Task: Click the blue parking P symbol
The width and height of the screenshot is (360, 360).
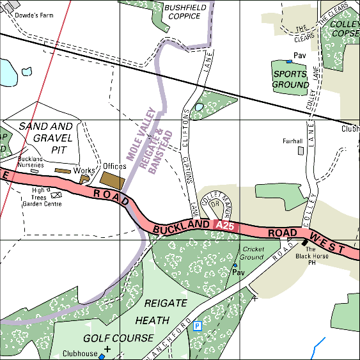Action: (x=198, y=326)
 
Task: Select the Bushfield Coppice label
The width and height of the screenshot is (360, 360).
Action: (x=182, y=12)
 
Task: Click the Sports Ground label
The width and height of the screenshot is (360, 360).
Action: (x=291, y=79)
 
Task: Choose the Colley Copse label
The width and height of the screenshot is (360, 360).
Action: (x=346, y=28)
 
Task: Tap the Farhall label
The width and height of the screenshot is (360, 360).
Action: (x=292, y=141)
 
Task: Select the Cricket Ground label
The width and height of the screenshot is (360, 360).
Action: (x=252, y=253)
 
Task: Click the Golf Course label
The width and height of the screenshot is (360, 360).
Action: (x=118, y=337)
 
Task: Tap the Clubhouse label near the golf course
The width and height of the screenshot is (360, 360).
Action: (x=80, y=354)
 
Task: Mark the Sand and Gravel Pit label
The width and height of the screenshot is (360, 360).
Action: (x=46, y=137)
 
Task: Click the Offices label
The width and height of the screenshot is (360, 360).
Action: (x=115, y=166)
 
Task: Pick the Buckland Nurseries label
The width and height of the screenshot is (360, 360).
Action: (x=31, y=162)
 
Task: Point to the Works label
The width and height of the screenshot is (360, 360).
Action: (x=84, y=171)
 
